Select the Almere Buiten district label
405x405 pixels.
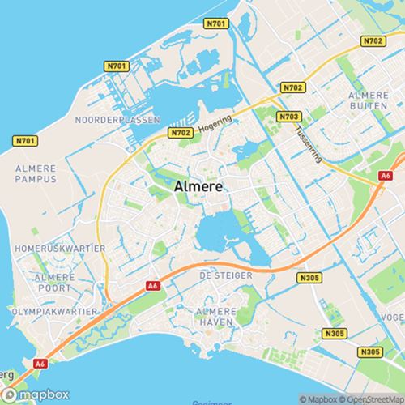[369, 101]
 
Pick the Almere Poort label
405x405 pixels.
[42, 283]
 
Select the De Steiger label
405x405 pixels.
[225, 276]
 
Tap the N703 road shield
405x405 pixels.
[287, 117]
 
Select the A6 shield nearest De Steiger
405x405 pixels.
[152, 285]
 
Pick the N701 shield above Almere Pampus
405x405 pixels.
[26, 141]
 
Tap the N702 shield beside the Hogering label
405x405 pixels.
[180, 132]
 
